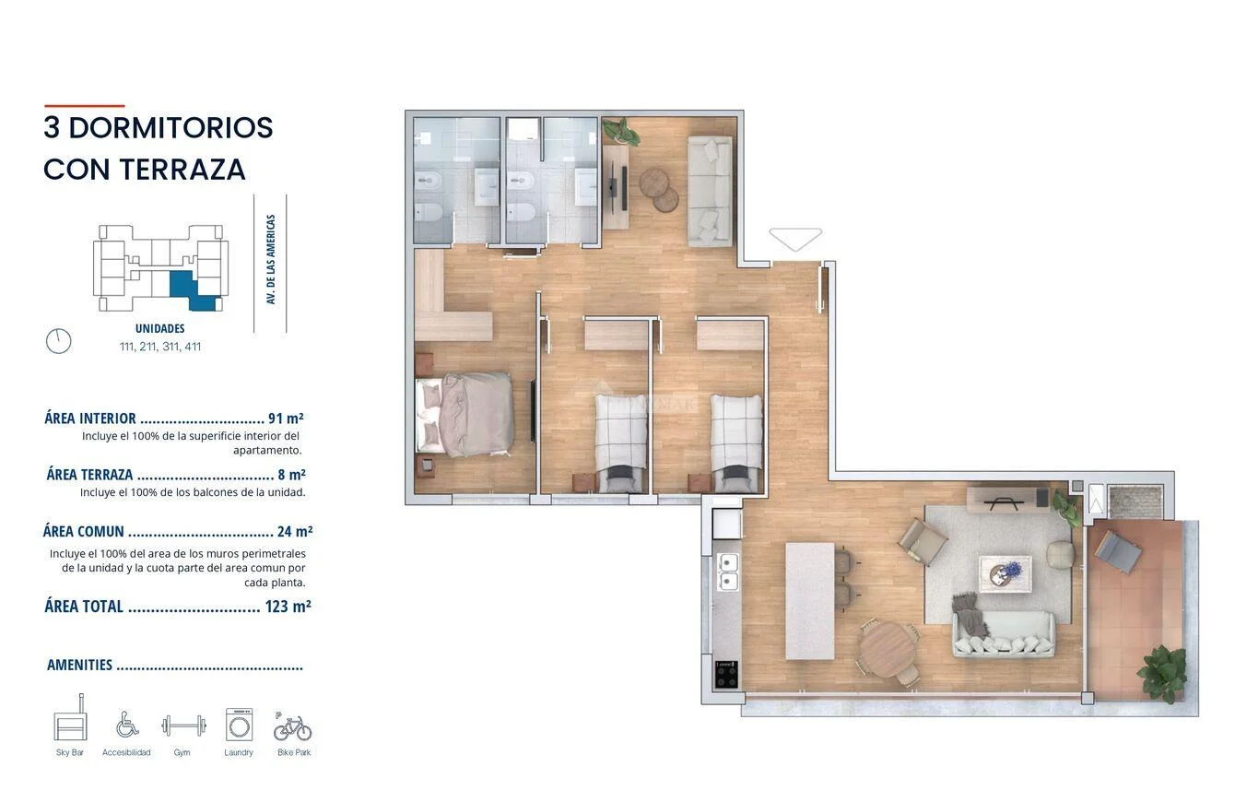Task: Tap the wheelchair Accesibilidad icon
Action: point(127,725)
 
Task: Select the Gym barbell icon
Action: point(183,725)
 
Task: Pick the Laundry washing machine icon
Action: point(240,725)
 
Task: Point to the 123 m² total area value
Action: point(288,607)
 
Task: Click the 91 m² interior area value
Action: point(286,419)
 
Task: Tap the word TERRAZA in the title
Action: point(182,170)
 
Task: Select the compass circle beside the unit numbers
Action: point(58,341)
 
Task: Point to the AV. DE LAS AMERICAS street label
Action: point(271,259)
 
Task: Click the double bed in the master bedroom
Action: point(464,415)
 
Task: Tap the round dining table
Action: point(888,651)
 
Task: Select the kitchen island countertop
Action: point(810,600)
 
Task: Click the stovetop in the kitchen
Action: point(726,675)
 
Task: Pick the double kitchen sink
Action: point(728,572)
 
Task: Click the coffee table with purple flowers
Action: point(1005,573)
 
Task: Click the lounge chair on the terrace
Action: point(1118,551)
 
